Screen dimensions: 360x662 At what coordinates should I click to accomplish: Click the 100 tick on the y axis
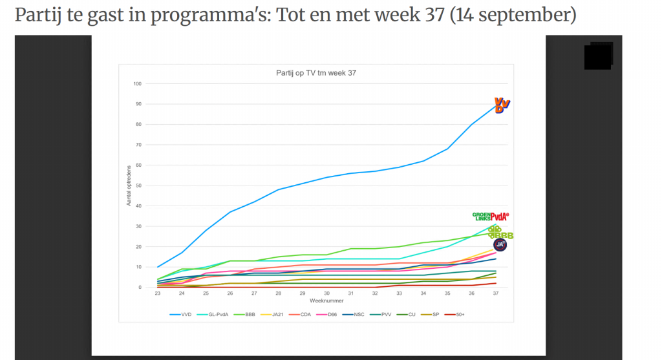pos(137,84)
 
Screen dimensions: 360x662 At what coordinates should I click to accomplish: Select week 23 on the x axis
pos(157,293)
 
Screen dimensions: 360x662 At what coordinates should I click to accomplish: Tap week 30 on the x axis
pos(326,293)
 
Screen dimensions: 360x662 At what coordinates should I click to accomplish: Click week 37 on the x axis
pos(496,293)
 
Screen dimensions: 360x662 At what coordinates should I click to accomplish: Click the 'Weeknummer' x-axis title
pos(326,301)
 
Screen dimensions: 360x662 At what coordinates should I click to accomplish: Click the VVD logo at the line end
pos(502,105)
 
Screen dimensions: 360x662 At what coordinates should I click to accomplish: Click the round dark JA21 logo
pos(500,244)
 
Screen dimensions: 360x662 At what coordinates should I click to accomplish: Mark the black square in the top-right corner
pos(598,56)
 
